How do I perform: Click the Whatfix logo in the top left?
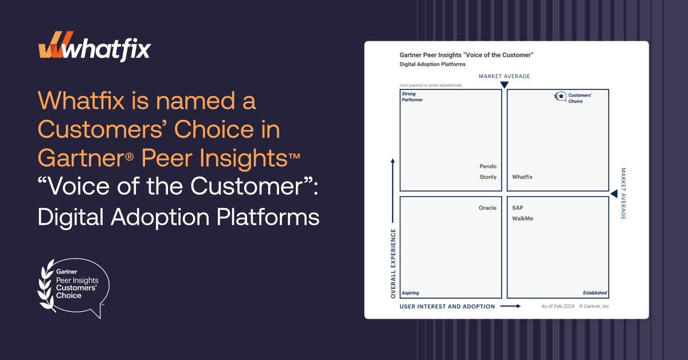click(95, 46)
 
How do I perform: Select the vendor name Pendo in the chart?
click(488, 166)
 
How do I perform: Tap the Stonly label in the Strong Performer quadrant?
click(488, 177)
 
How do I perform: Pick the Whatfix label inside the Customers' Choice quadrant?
click(522, 177)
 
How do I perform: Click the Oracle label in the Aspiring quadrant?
click(487, 208)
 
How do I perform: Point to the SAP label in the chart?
click(518, 208)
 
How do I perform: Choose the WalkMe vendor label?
click(522, 218)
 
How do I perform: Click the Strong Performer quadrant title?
click(412, 97)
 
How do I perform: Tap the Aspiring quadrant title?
click(411, 293)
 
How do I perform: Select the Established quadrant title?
click(595, 293)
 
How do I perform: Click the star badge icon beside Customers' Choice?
click(560, 96)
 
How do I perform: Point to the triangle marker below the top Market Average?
click(505, 85)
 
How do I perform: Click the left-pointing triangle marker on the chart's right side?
click(614, 194)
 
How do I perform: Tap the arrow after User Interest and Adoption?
click(510, 306)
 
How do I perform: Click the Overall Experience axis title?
click(393, 264)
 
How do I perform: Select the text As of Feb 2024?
click(557, 306)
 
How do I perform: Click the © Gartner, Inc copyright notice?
click(594, 306)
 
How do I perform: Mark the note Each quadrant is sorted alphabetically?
click(431, 85)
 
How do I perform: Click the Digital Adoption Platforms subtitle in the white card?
click(432, 64)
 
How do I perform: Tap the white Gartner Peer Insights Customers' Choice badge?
click(73, 288)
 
